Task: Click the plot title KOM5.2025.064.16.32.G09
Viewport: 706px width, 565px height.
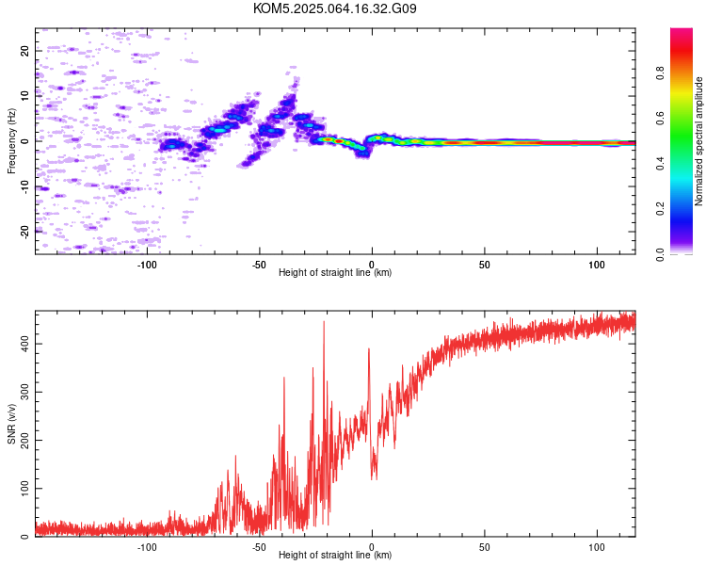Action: pyautogui.click(x=334, y=8)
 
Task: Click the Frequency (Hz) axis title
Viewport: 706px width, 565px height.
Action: pyautogui.click(x=11, y=141)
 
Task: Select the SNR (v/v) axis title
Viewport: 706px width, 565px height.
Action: pyautogui.click(x=11, y=424)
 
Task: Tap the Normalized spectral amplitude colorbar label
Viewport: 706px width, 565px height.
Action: pyautogui.click(x=698, y=141)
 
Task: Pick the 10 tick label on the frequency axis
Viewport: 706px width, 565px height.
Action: pyautogui.click(x=25, y=96)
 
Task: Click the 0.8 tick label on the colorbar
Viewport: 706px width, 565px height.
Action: pyautogui.click(x=660, y=73)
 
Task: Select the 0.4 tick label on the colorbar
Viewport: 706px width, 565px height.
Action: pyautogui.click(x=660, y=164)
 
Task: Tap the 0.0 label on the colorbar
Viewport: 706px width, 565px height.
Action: pyautogui.click(x=660, y=254)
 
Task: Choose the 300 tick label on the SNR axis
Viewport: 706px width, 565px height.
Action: pyautogui.click(x=25, y=392)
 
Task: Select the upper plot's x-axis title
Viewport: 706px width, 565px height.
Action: pyautogui.click(x=335, y=272)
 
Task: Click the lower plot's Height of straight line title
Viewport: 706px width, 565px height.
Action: pyautogui.click(x=335, y=555)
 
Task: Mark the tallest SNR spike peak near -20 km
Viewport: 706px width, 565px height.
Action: pyautogui.click(x=324, y=321)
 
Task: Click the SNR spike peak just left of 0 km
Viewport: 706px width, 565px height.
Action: pyautogui.click(x=369, y=348)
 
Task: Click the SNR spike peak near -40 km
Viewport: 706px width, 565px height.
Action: pyautogui.click(x=284, y=377)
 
